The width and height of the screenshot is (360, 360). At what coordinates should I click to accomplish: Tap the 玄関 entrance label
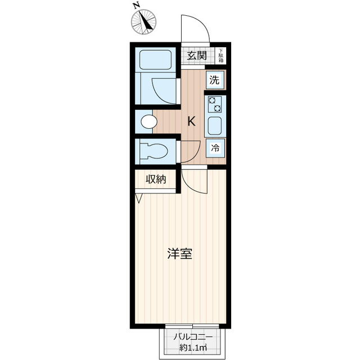click(x=197, y=55)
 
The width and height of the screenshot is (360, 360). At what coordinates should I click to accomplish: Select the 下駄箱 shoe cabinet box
click(x=221, y=55)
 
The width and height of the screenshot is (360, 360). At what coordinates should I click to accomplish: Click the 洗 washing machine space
click(x=214, y=79)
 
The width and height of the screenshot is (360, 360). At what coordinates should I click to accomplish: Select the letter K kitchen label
click(x=192, y=121)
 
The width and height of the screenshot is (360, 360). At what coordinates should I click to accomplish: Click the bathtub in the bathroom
click(x=155, y=60)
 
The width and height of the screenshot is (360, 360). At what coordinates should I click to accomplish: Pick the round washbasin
click(x=148, y=121)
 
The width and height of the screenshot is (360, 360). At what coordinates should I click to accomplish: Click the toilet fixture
click(x=154, y=151)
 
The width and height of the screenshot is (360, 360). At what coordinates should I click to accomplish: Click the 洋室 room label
click(x=180, y=254)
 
